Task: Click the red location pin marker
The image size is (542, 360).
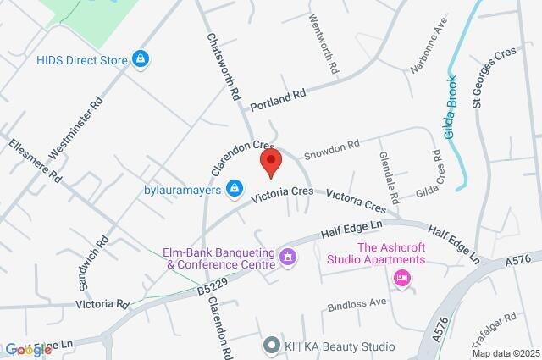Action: tap(270, 162)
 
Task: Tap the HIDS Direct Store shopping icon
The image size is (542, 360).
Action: tap(141, 59)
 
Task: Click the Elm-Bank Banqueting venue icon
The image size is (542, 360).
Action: tap(288, 255)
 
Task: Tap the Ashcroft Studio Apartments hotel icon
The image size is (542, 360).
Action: tap(401, 277)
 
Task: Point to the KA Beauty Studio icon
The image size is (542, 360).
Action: tap(271, 346)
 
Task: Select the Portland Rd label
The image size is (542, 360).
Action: tap(278, 99)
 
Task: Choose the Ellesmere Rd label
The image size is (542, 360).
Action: tap(36, 161)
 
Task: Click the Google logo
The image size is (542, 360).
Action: tap(27, 349)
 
